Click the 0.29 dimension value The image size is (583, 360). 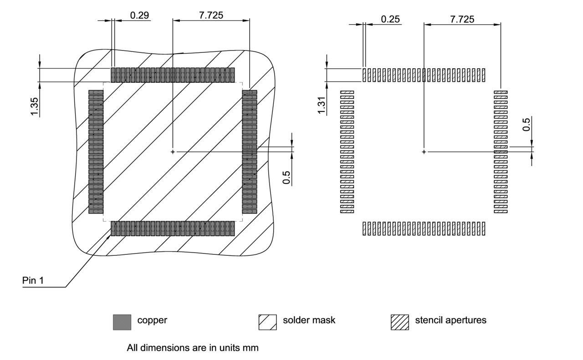point(139,15)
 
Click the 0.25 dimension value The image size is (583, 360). point(390,19)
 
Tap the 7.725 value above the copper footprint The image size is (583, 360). point(211,15)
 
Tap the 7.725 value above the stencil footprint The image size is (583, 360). point(462,19)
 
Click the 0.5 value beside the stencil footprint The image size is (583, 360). point(527,124)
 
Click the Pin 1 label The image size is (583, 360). point(33,281)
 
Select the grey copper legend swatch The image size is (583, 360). point(122,322)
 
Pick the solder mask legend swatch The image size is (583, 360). point(267,322)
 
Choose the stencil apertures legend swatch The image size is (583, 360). point(399,322)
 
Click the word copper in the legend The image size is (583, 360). point(152,320)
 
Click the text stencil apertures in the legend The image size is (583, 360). point(450,320)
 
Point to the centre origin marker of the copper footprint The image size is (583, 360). point(173,152)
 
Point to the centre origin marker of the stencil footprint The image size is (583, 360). point(424,152)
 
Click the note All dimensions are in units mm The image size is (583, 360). point(193,348)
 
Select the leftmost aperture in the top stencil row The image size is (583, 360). point(364,75)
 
